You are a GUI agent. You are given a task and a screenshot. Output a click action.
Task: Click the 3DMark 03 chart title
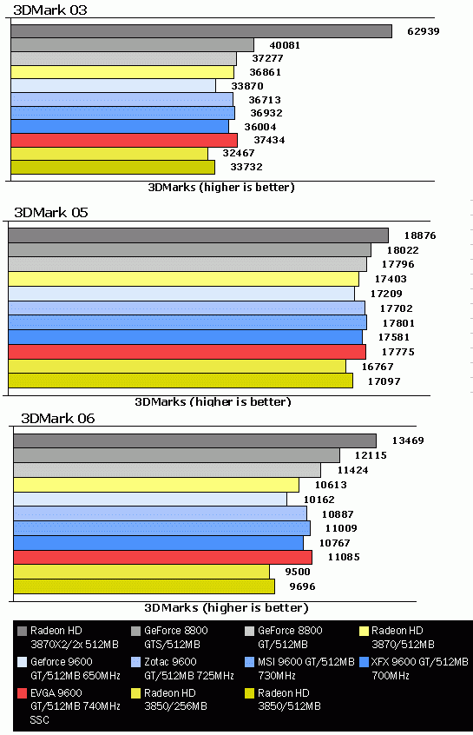[50, 10]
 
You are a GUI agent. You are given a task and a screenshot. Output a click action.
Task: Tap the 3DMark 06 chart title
[57, 418]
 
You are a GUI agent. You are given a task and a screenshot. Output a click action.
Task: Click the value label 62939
[424, 32]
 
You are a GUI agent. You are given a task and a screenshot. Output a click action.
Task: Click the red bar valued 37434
[124, 140]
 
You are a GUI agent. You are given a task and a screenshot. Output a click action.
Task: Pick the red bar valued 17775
[187, 351]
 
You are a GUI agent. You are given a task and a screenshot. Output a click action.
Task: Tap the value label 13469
[407, 440]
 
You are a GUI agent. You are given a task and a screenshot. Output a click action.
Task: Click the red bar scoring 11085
[162, 557]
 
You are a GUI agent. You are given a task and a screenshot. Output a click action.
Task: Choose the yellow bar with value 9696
[144, 586]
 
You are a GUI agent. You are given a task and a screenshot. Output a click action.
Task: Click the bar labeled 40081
[133, 45]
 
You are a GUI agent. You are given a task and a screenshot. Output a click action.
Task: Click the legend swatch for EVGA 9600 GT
[22, 693]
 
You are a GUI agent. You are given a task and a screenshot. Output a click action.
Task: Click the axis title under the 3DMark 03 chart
[221, 187]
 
